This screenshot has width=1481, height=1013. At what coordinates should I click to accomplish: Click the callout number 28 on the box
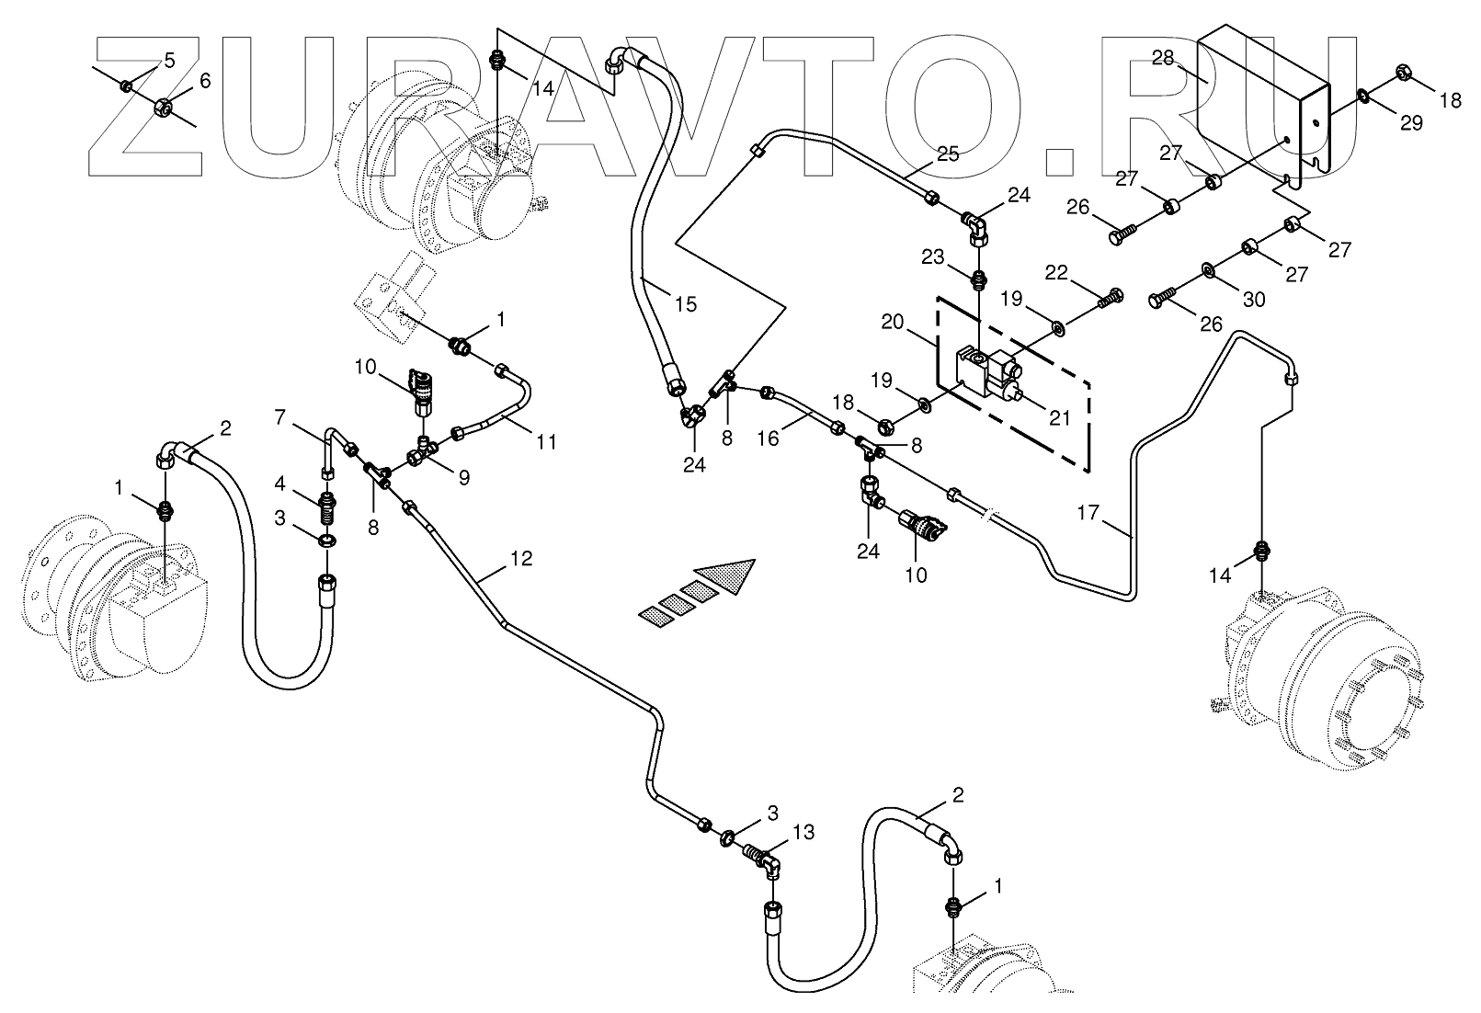coord(1163,59)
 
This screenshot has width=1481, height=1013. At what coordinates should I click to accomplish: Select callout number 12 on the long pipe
coord(521,559)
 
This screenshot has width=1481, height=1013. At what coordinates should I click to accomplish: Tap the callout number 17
coord(1088,512)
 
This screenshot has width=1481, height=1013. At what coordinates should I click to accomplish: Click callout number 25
coord(948,154)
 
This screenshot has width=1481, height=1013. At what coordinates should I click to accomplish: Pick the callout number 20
coord(891,323)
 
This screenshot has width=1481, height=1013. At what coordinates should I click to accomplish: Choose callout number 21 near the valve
coord(1060,417)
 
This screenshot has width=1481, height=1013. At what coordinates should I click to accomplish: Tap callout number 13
coord(803,832)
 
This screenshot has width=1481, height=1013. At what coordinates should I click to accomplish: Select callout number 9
coord(464,477)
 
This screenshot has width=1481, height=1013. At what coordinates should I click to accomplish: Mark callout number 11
coord(547,441)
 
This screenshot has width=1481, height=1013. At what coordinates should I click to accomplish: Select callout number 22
coord(1057,272)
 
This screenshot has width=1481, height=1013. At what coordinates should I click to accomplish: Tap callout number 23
coord(934,258)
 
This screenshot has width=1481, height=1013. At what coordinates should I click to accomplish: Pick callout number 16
coord(768,438)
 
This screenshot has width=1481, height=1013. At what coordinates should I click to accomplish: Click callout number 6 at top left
coord(204,81)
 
